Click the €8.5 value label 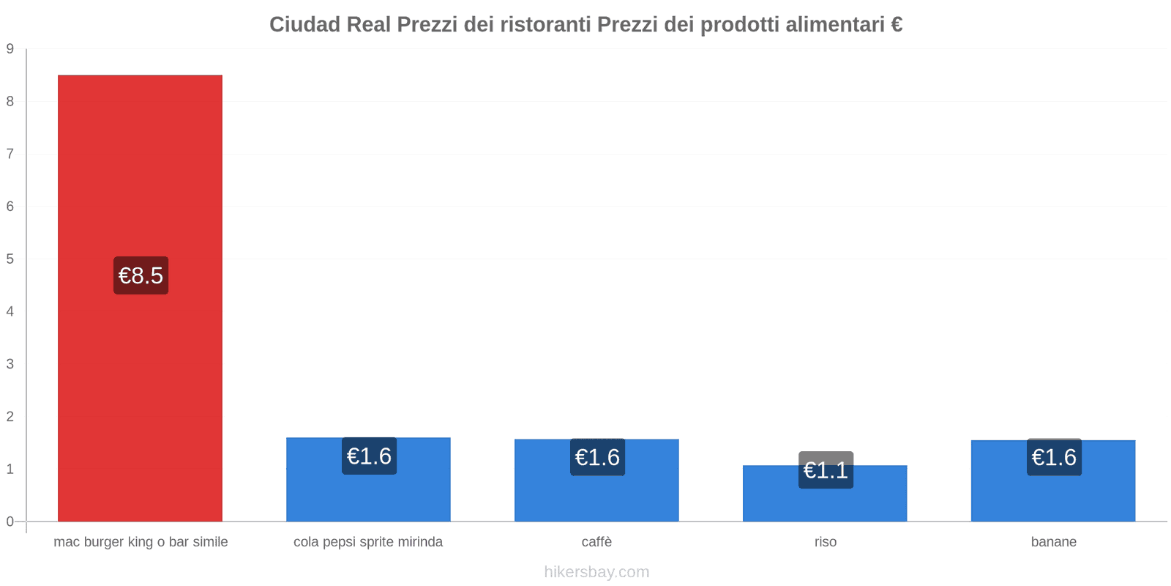(141, 275)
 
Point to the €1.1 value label (826, 470)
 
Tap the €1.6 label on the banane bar (1054, 457)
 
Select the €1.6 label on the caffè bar (597, 457)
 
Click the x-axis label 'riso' (825, 542)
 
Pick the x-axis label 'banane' (1053, 542)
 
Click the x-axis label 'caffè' (596, 542)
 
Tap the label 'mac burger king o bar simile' (141, 542)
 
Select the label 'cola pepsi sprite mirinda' (368, 542)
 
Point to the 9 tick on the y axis (10, 49)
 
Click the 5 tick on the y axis (10, 259)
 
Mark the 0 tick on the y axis (10, 522)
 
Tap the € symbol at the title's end (896, 24)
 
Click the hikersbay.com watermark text (596, 572)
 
